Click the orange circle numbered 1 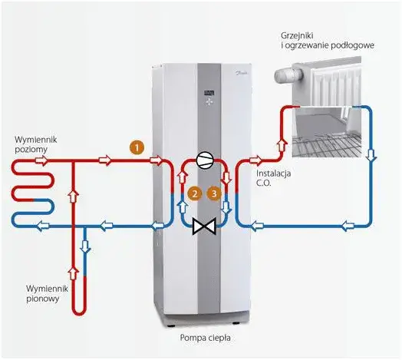pos(137,147)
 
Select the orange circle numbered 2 pos(195,193)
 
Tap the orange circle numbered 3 pos(214,193)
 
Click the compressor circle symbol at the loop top pos(204,160)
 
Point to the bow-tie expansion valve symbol pos(204,226)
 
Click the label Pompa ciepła pos(205,338)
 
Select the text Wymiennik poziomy pos(36,144)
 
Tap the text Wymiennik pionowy pos(47,293)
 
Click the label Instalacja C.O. pos(274,178)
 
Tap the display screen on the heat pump pos(209,93)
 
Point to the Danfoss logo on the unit pos(240,74)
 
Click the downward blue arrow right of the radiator pos(371,155)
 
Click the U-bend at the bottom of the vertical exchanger pos(79,310)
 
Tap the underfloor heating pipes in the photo pos(327,145)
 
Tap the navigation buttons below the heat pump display pos(209,102)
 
